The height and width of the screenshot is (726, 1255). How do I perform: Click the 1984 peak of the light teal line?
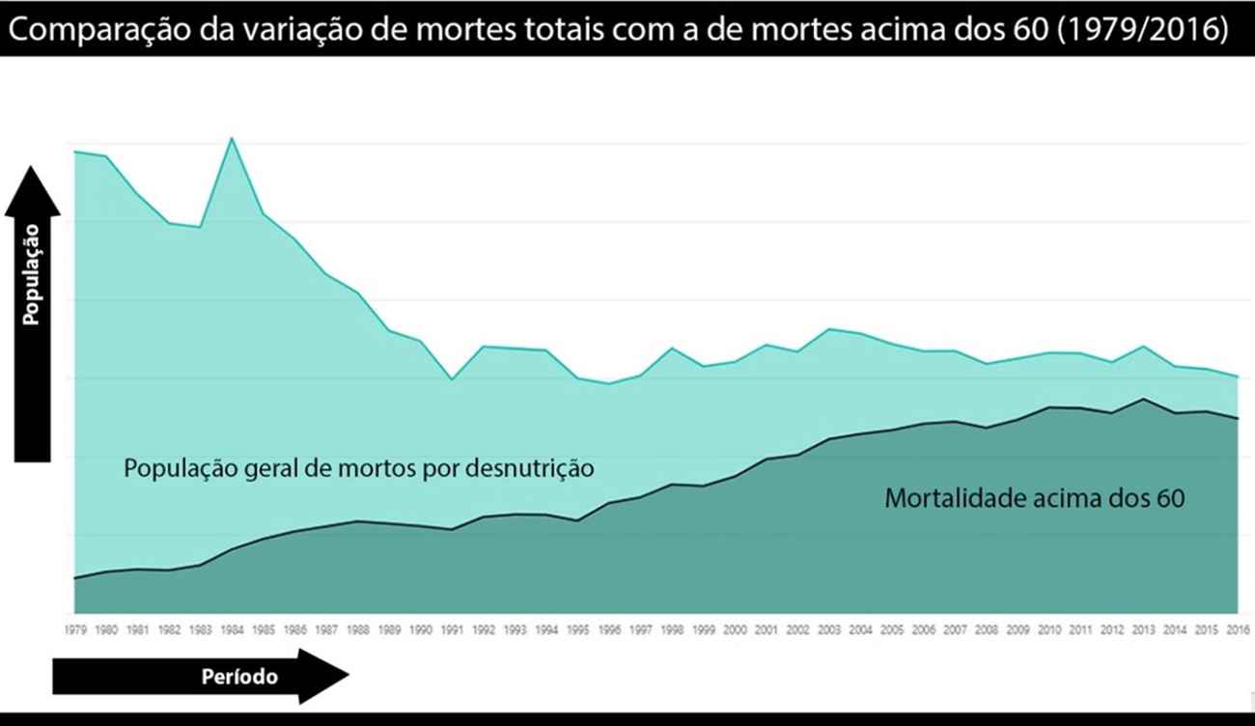coord(232,138)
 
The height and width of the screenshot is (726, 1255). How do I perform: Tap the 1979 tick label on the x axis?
coord(75,630)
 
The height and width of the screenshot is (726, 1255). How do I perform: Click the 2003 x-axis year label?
coord(829,630)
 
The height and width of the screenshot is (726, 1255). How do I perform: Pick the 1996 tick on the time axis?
coord(609,630)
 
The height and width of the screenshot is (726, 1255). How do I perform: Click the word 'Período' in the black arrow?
coord(239,677)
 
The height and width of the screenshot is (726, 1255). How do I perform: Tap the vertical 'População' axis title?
coord(32,274)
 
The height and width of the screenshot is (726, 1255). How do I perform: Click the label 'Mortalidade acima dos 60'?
coord(1034,499)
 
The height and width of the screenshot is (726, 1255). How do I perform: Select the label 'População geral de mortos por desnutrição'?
coord(359,469)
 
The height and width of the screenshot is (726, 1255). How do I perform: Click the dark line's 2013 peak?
coord(1144,399)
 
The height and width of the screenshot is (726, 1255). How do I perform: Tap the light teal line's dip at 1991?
coord(452,379)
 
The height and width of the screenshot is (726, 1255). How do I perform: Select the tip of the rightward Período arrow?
coord(347,676)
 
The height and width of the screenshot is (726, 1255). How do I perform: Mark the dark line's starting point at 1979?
coord(75,578)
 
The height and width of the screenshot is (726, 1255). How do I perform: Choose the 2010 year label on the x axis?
coord(1049,630)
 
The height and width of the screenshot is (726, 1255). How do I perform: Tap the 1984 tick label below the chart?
coord(232,630)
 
